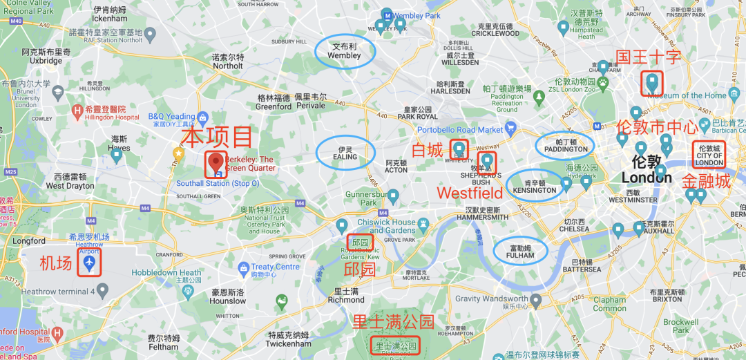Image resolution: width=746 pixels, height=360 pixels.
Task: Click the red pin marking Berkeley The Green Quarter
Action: (x=216, y=162)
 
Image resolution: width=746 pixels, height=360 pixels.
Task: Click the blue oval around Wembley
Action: (x=345, y=51)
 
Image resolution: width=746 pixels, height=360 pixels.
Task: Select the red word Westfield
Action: (x=470, y=193)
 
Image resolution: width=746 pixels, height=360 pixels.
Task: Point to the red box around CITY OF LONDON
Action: (x=710, y=155)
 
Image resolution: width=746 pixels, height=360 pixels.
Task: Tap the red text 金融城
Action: (x=706, y=181)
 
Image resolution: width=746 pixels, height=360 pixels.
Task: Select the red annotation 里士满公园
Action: (x=393, y=322)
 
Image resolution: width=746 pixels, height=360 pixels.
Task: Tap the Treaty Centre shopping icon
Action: (x=242, y=267)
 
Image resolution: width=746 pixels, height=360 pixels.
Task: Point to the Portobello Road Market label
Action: (x=461, y=129)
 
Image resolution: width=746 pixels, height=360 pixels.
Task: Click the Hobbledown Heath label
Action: (x=166, y=272)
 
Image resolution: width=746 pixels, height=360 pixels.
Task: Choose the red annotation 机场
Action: (x=56, y=263)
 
